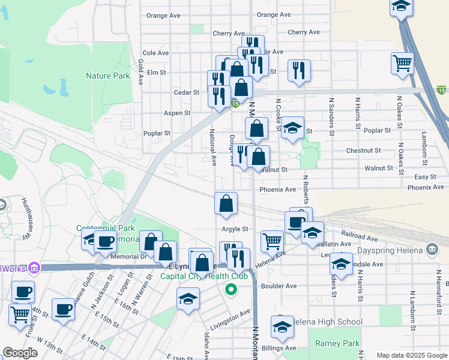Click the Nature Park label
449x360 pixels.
(x=107, y=76)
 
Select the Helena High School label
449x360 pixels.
(x=325, y=322)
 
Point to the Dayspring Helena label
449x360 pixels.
(x=391, y=250)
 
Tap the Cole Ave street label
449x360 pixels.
(x=155, y=53)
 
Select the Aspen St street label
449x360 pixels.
(x=177, y=113)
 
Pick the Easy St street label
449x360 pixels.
(x=425, y=177)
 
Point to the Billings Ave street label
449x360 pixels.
(x=282, y=348)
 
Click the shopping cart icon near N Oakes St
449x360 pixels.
(x=402, y=63)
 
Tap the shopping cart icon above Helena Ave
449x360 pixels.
(x=272, y=241)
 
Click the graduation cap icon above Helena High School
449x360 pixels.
(x=282, y=326)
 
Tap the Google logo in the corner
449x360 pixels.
(x=20, y=353)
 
